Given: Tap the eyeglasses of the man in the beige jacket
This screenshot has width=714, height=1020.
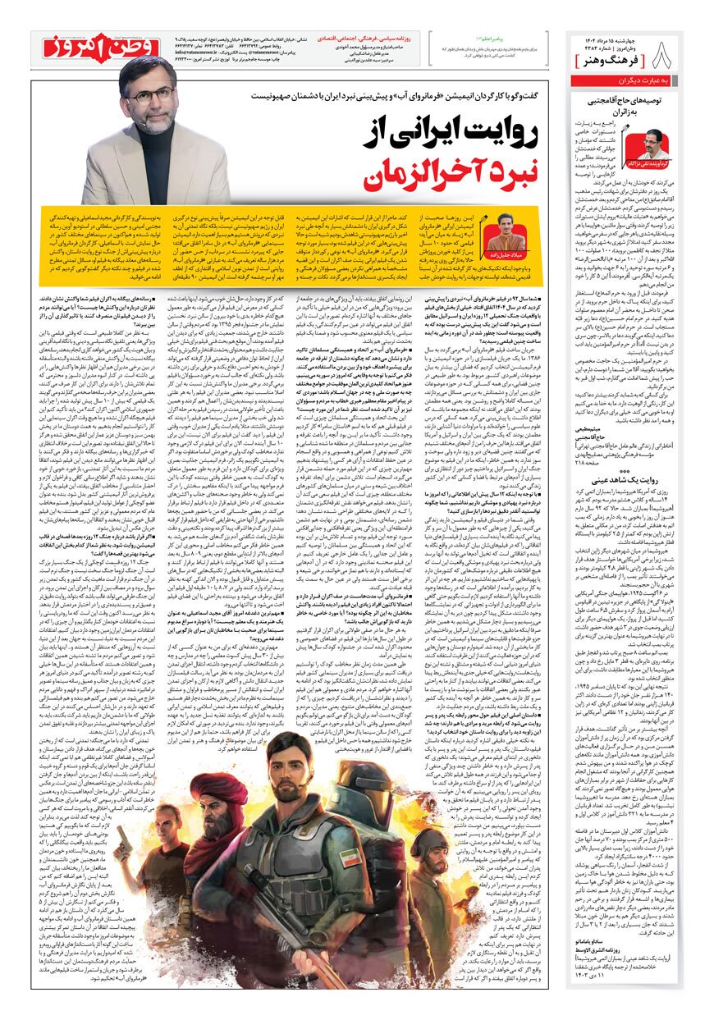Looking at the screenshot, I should pos(152,94).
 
